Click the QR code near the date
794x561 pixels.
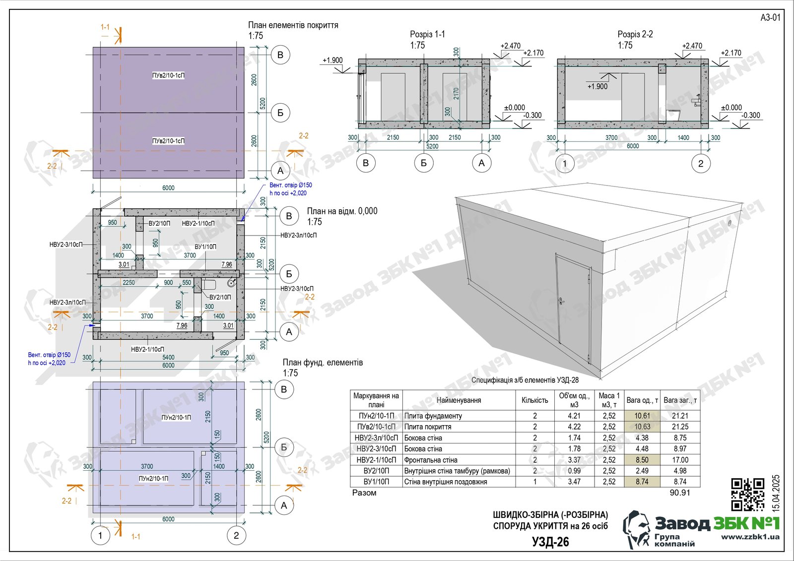(748, 494)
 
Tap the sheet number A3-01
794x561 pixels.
(770, 17)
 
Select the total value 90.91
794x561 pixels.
(679, 493)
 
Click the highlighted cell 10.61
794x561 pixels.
(642, 416)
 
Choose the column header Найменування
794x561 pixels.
(459, 400)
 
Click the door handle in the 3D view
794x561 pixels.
(561, 301)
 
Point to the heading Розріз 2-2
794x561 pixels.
(635, 34)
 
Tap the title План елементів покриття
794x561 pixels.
(293, 25)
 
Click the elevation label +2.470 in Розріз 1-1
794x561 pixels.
(510, 46)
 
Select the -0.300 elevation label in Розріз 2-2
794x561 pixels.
(750, 115)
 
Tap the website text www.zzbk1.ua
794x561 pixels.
(750, 537)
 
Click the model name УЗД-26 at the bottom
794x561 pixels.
(550, 542)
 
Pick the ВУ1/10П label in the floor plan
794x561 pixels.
(205, 247)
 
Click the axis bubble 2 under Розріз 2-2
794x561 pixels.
(700, 163)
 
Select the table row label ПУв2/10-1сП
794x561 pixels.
(376, 427)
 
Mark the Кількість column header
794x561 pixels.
(534, 400)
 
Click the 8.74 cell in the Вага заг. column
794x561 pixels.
(680, 482)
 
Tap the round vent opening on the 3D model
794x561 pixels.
(729, 224)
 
